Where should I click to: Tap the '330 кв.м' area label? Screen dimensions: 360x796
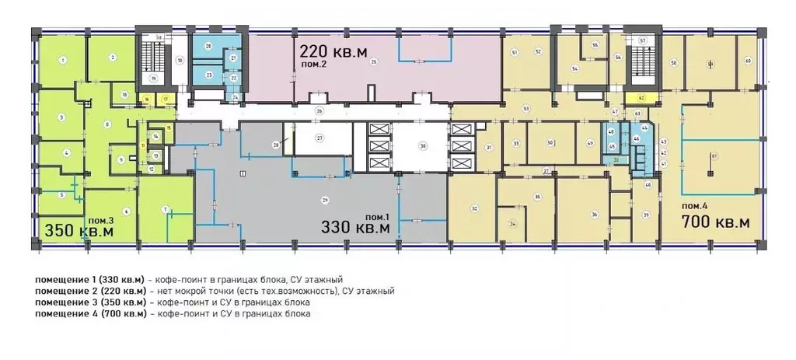pos(357,227)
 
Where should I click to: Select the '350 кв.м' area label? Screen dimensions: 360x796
pos(79,231)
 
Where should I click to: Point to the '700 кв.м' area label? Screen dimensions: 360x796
pos(715,222)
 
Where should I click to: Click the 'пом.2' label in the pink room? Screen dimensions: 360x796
pos(313,66)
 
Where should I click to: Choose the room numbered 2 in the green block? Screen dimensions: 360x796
pos(113,57)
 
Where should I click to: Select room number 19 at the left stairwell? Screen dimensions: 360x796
pos(153,79)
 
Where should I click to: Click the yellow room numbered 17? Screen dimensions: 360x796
pos(165,100)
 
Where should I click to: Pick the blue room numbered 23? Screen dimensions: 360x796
pos(208,75)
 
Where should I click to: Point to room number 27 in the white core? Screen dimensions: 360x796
pos(319,138)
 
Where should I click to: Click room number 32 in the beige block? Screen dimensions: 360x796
pos(473,208)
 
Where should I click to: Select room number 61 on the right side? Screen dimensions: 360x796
pos(713,156)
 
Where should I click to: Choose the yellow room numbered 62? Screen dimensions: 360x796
pos(641,99)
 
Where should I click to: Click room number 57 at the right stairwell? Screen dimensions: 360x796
pos(642,40)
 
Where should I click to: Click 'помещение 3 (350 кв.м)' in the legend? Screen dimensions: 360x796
pos(89,302)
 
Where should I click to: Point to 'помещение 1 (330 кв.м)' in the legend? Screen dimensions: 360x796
pos(89,278)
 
